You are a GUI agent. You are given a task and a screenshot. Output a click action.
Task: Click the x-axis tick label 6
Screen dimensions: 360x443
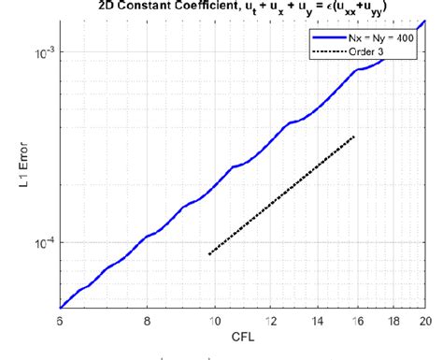[60, 320]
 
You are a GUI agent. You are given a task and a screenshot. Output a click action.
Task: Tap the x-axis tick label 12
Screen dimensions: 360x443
[272, 320]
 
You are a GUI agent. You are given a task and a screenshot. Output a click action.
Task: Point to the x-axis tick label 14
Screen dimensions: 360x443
[319, 320]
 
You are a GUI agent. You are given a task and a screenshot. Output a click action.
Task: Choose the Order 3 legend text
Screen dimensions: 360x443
[369, 50]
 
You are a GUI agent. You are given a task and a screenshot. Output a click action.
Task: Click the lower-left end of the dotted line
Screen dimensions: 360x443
[208, 253]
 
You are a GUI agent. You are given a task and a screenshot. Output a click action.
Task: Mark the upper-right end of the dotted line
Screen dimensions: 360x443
[355, 137]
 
